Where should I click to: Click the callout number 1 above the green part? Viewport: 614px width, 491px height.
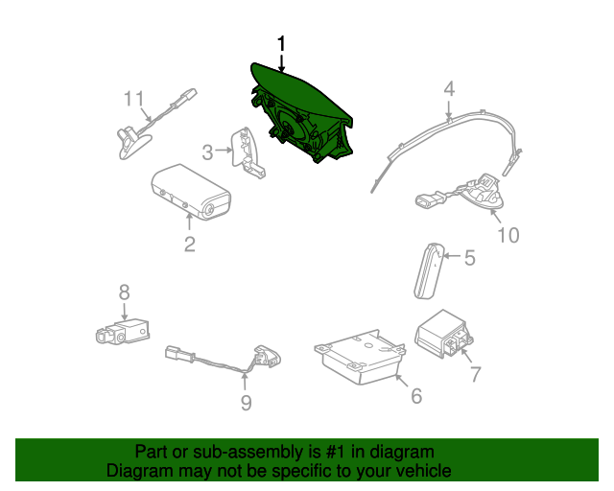coord(281,44)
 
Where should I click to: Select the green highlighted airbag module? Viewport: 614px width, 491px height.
coord(300,113)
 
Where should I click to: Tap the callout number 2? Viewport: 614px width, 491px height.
coord(190,245)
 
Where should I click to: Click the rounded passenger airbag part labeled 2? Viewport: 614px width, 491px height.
coord(191,192)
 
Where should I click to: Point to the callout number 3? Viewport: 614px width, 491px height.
coord(207,152)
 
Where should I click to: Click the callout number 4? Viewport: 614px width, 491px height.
coord(449,89)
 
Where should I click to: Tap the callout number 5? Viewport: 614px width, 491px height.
coord(469,258)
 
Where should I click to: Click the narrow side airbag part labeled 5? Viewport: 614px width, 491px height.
coord(430,271)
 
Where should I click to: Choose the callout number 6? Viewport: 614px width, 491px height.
coord(416,396)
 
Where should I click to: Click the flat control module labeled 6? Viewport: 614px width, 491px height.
coord(360,357)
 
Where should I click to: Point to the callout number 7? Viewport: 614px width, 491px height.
coord(475,374)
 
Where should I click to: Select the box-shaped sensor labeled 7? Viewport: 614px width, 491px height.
coord(443,333)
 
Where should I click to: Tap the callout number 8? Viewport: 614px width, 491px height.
coord(124,292)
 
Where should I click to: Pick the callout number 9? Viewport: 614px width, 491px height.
coord(246,403)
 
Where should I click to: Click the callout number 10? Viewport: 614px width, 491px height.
coord(508,235)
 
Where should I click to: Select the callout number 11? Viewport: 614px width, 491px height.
coord(134,99)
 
